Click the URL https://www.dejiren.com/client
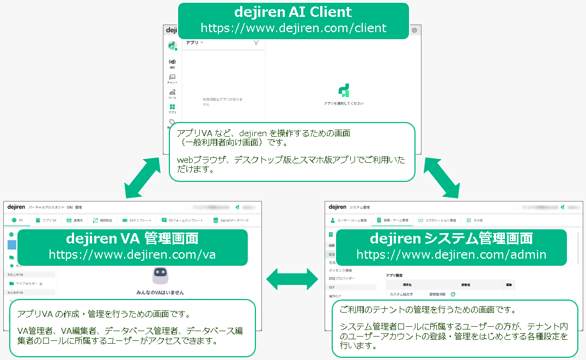click(x=294, y=28)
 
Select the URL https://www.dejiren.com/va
click(x=132, y=254)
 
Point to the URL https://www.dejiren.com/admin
click(x=451, y=254)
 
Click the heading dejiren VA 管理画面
click(x=132, y=239)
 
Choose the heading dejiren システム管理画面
click(x=451, y=239)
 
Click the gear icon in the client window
click(x=414, y=30)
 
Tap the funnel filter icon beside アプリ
click(x=256, y=42)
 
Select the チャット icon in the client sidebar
click(x=172, y=78)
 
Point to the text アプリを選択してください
click(x=344, y=103)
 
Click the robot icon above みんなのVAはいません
click(x=160, y=274)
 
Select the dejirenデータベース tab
click(x=231, y=220)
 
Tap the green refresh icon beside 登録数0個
click(x=453, y=294)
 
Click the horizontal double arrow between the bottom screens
click(x=292, y=279)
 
